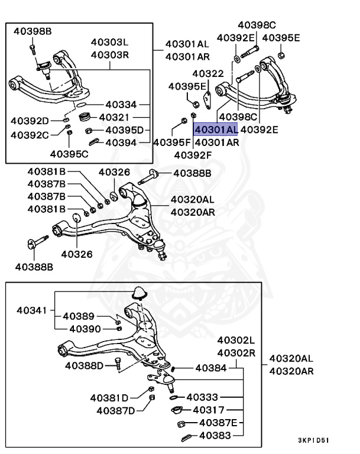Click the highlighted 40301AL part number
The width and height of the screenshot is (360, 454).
216,129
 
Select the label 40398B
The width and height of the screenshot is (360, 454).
33,31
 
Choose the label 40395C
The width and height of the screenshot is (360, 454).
69,155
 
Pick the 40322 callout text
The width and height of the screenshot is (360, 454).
208,74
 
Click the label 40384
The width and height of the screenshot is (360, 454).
210,368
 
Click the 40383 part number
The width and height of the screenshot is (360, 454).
215,436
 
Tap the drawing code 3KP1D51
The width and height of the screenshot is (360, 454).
314,440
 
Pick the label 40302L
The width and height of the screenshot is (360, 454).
236,341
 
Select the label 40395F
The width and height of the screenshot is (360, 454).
172,142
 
